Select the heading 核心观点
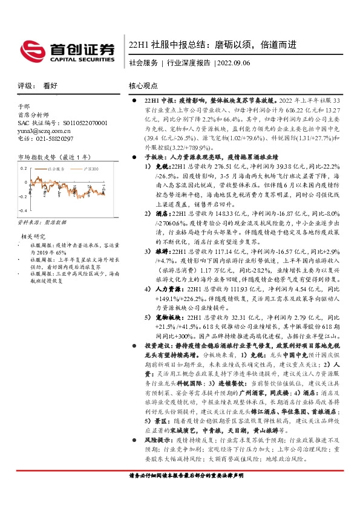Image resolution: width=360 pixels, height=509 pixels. (145, 86)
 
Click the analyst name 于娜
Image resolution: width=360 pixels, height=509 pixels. (24, 106)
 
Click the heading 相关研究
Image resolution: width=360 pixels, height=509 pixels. (34, 236)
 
